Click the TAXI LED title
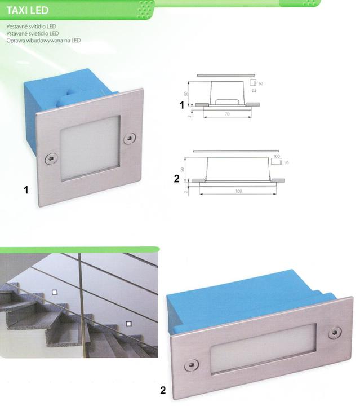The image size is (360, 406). pyautogui.click(x=28, y=10)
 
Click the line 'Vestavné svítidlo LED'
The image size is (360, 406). pyautogui.click(x=32, y=27)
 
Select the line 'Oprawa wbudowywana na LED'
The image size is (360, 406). pyautogui.click(x=43, y=41)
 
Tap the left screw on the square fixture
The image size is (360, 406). pyautogui.click(x=50, y=158)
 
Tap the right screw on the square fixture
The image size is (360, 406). pyautogui.click(x=130, y=138)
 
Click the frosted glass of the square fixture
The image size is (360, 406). pyautogui.click(x=90, y=148)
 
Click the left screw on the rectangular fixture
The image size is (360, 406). pyautogui.click(x=192, y=365)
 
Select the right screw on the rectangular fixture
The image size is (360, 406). pyautogui.click(x=335, y=333)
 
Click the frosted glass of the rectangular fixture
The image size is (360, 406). pyautogui.click(x=264, y=348)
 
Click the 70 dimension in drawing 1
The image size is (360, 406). pyautogui.click(x=228, y=114)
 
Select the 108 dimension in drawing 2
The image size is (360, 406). pyautogui.click(x=238, y=191)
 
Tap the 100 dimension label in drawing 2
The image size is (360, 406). pyautogui.click(x=277, y=156)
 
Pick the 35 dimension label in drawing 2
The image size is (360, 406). pyautogui.click(x=286, y=162)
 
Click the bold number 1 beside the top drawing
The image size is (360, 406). pyautogui.click(x=182, y=105)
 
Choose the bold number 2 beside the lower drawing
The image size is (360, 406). pyautogui.click(x=177, y=179)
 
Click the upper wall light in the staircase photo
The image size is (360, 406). pyautogui.click(x=55, y=292)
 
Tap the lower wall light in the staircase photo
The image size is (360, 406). pyautogui.click(x=128, y=324)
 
